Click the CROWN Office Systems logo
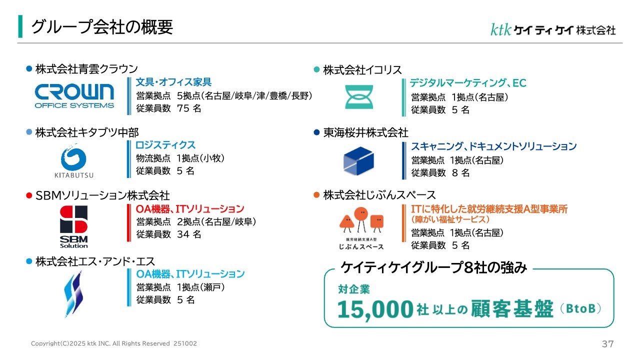click(74, 96)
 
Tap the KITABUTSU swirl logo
click(73, 160)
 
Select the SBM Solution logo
click(73, 226)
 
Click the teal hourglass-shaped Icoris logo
click(359, 97)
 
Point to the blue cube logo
click(358, 161)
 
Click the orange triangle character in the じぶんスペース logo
click(347, 223)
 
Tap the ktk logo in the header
click(500, 29)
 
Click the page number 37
click(607, 343)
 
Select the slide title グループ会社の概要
click(102, 27)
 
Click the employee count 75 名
click(189, 108)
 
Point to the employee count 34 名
click(189, 234)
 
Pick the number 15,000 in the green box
click(375, 309)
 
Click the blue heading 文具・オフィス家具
click(173, 82)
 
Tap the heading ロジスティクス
click(165, 145)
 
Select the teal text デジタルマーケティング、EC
click(468, 83)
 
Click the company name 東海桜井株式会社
click(365, 132)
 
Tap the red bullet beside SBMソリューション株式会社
click(29, 195)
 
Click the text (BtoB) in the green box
click(580, 308)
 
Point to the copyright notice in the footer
click(113, 343)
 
